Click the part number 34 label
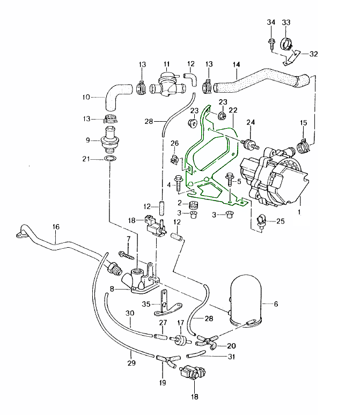pos(270,22)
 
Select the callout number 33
pos(286,22)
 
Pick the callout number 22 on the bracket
pos(233,110)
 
